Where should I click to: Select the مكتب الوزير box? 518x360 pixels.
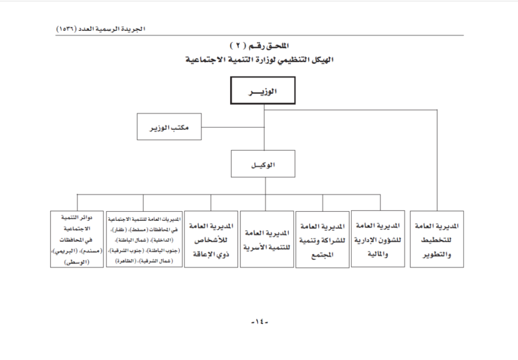click(169, 126)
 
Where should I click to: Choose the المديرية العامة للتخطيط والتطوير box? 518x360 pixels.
click(436, 240)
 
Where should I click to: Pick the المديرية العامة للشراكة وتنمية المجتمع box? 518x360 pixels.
click(322, 240)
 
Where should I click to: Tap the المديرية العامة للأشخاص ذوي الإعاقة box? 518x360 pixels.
click(211, 239)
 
